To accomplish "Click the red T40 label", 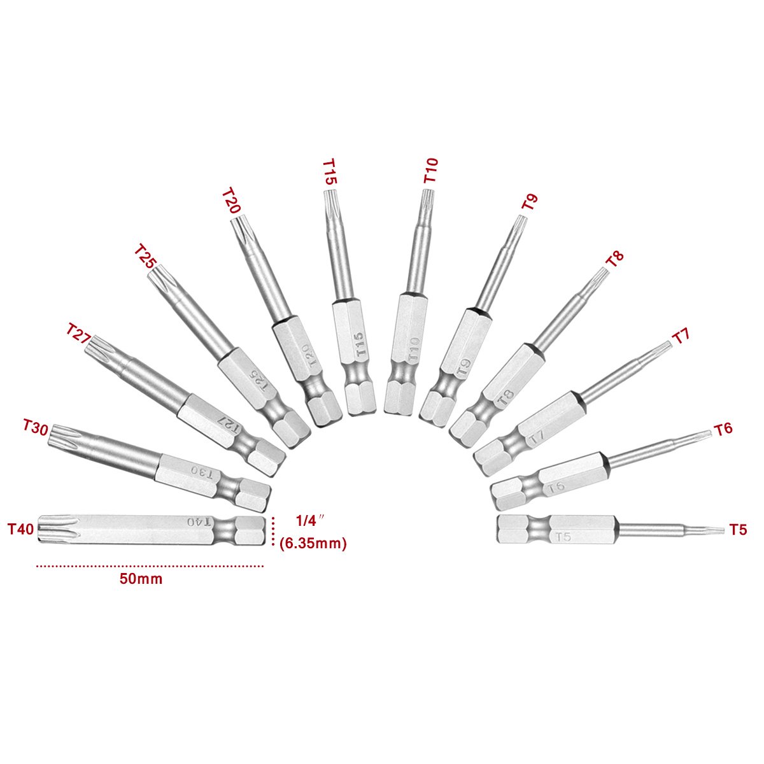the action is (x=21, y=529).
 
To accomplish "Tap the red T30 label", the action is (x=35, y=428).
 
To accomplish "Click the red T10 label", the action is (x=430, y=170).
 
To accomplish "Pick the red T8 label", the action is (x=615, y=259).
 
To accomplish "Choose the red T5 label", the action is (x=738, y=529).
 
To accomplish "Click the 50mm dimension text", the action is (x=141, y=579).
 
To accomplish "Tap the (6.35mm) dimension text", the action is (x=313, y=543).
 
